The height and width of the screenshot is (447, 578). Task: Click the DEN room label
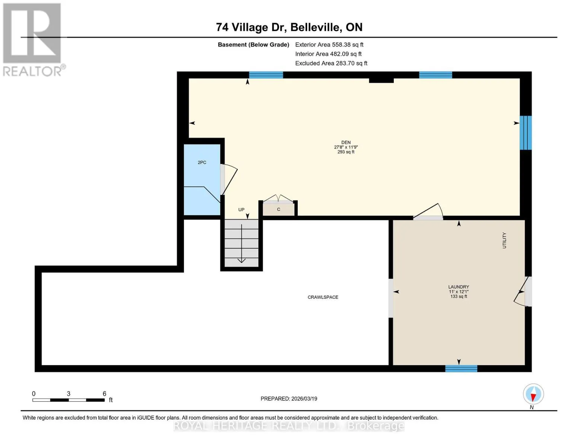[346, 142]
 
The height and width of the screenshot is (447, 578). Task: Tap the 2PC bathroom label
[202, 162]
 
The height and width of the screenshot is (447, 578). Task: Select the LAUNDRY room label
[459, 287]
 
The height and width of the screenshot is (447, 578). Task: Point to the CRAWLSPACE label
[323, 297]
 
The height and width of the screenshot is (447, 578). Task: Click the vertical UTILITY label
[504, 240]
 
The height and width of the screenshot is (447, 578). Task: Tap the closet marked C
[278, 209]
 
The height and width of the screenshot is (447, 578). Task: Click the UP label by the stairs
[241, 210]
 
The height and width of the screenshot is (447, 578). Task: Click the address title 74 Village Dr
[251, 27]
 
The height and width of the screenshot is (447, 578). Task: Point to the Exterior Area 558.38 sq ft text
[329, 45]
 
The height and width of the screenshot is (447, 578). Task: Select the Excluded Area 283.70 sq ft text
[331, 63]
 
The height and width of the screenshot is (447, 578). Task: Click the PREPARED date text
[289, 399]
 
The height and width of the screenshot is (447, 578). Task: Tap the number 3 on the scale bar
[68, 393]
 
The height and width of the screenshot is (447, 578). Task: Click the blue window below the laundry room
[461, 368]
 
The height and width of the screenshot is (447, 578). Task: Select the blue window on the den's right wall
[526, 133]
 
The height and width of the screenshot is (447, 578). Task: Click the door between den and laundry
[428, 212]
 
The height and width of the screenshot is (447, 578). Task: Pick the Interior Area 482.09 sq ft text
[328, 54]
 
